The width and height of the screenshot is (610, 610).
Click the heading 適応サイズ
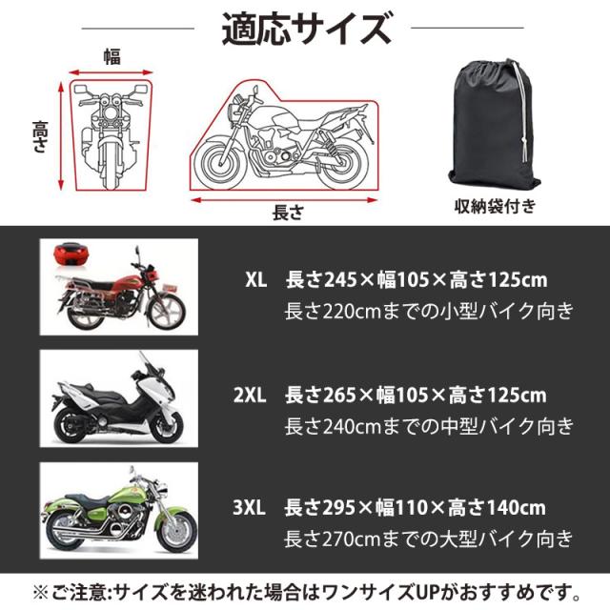pos(307,29)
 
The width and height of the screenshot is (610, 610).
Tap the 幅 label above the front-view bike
pos(112,57)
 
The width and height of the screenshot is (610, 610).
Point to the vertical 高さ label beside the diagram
pos(40,136)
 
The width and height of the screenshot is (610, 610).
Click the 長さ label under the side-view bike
pos(288,213)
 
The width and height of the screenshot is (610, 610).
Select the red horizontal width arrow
pos(111,72)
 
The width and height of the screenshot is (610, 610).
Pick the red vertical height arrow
pos(61,135)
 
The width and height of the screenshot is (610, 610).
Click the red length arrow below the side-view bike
pos(284,200)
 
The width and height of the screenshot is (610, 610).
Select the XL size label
pos(256,279)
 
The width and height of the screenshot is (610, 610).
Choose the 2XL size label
pos(250,395)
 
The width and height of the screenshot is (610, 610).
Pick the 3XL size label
pos(250,507)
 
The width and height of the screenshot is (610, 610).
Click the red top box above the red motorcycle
pos(70,254)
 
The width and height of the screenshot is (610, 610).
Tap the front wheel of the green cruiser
pos(176,532)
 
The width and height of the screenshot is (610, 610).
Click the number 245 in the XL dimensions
pos(340,280)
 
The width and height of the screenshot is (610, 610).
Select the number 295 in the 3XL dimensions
pos(338,508)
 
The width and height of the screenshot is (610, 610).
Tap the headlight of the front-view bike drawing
pos(111,114)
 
